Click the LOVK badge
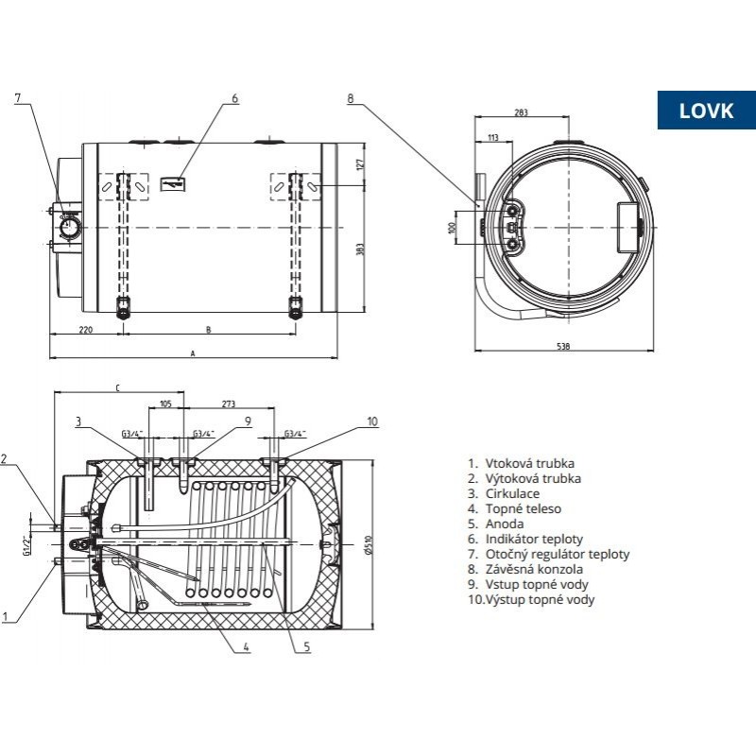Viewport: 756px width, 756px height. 706,110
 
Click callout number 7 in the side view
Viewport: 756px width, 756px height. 17,98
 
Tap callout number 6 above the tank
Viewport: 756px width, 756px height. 234,98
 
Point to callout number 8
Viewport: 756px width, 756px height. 351,98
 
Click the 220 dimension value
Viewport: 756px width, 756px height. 85,331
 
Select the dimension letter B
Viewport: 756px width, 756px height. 207,331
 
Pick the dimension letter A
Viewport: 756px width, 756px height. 193,353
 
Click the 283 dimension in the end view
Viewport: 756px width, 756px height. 521,112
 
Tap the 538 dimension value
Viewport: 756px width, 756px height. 562,348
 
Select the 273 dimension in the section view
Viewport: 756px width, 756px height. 227,404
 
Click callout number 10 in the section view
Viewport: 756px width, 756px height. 371,421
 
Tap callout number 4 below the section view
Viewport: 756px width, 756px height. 245,647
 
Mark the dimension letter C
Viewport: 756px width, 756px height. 117,387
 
